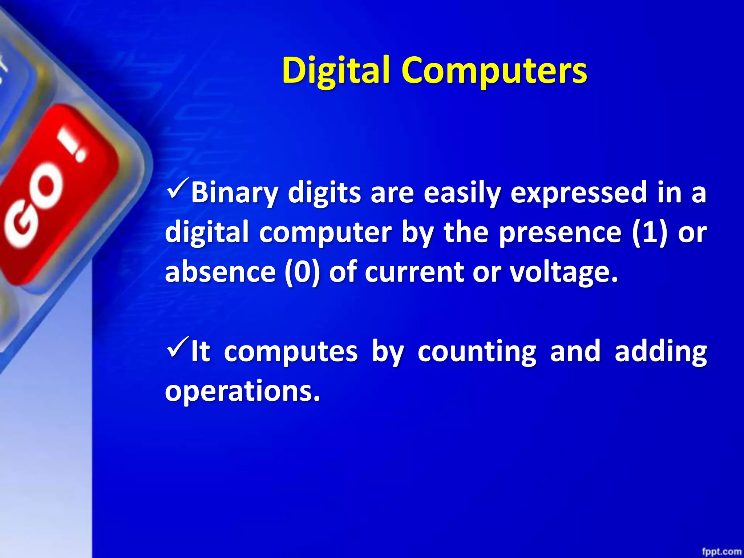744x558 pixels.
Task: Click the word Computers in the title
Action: pyautogui.click(x=494, y=70)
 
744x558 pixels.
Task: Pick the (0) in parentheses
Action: pyautogui.click(x=302, y=272)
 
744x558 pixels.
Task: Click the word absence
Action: pyautogui.click(x=220, y=272)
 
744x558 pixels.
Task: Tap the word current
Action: pyautogui.click(x=414, y=272)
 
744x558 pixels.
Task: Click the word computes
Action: pyautogui.click(x=291, y=352)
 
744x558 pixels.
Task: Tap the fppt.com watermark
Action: pyautogui.click(x=721, y=551)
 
